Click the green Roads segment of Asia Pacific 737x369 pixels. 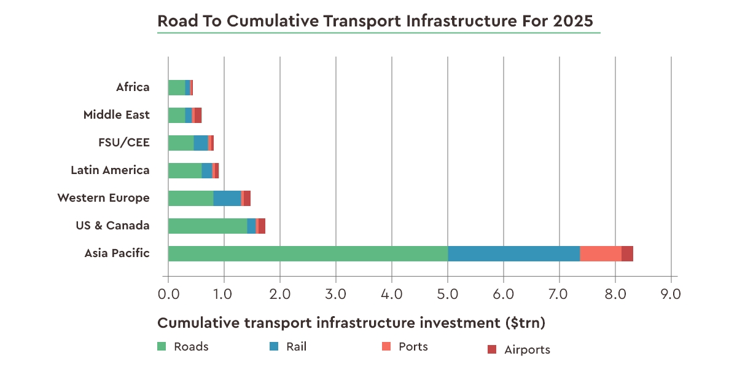pos(308,253)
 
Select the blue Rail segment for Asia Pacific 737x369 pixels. pos(513,253)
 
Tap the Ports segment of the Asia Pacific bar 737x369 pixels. pos(600,253)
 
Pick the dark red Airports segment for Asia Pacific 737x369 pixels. pos(627,253)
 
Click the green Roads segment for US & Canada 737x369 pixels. pos(208,226)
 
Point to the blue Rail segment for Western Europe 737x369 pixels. pos(227,198)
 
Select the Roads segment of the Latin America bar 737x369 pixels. pos(185,170)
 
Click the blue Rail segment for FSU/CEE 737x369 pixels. pos(201,143)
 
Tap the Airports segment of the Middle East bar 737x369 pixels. pos(198,115)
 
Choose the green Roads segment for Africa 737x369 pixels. pos(177,87)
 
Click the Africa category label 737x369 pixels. pos(133,87)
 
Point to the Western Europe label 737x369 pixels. pos(103,198)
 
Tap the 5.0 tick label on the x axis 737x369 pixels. pos(448,294)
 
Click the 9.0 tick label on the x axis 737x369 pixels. pos(671,294)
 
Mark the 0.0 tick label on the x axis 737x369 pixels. pos(168,294)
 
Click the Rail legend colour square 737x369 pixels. pos(274,347)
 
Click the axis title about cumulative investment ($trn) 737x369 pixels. pos(351,323)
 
